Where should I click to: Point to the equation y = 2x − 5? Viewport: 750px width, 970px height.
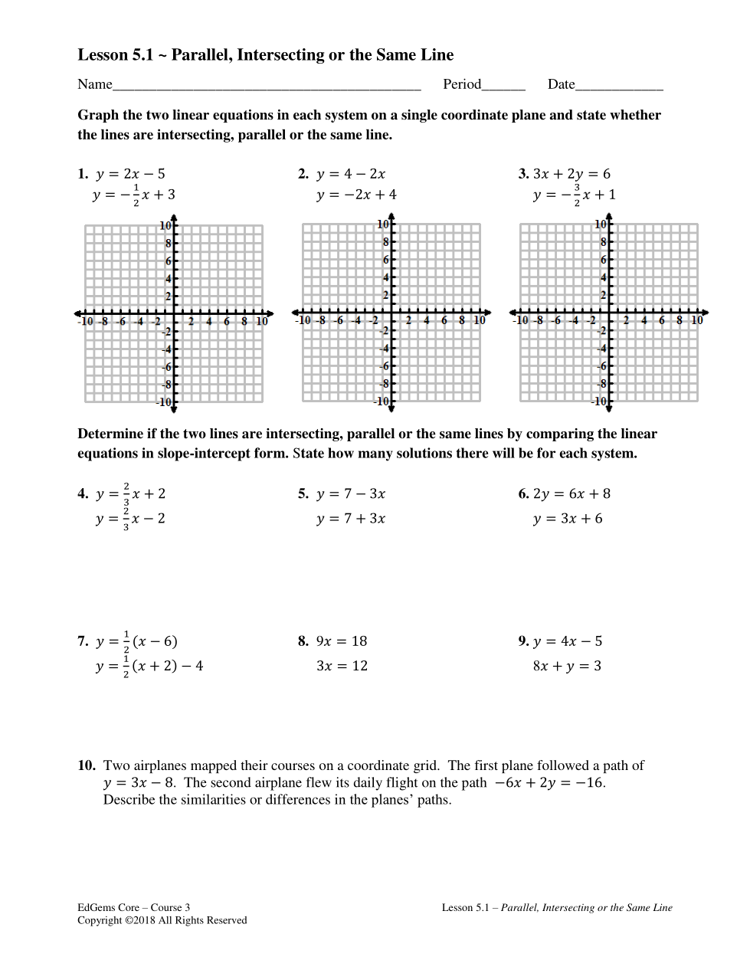129,174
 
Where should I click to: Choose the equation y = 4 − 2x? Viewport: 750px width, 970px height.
351,174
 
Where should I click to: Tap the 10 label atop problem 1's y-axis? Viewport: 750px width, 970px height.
165,225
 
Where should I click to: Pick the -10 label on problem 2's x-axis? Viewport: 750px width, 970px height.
303,320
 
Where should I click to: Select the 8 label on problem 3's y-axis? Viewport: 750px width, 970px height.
604,242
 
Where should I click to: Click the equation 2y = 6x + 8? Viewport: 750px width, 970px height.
572,494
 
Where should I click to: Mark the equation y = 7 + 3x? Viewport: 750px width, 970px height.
351,519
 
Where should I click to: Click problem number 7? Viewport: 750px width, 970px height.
83,641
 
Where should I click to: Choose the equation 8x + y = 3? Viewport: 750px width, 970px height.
567,666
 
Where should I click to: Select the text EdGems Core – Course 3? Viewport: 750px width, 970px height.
133,908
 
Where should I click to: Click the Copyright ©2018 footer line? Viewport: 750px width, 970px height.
162,920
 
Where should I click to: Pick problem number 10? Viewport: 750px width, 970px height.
86,765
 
